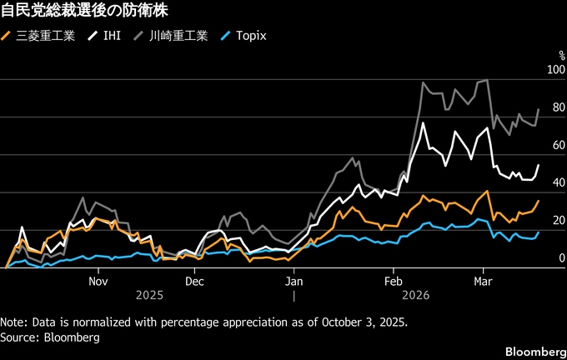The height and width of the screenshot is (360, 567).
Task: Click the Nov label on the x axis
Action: tap(98, 281)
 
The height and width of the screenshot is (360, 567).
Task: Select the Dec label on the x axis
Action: tap(193, 281)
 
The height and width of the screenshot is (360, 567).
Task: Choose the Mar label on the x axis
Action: tap(481, 281)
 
